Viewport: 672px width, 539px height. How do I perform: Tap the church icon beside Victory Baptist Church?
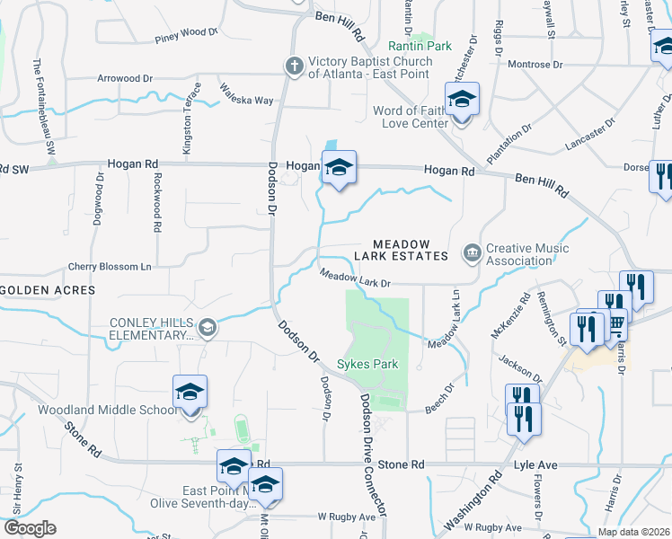coord(293,66)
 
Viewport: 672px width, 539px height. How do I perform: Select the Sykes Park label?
coord(367,365)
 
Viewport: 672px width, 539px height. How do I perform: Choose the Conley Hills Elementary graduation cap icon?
coord(208,327)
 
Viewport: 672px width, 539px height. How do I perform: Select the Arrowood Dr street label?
coord(126,79)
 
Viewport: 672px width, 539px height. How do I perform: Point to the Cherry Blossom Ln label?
coord(110,267)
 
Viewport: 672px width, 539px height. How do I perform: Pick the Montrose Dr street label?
coord(535,65)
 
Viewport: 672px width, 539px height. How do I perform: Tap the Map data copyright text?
coord(633,532)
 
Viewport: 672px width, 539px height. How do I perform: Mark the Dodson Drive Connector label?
coord(374,455)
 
